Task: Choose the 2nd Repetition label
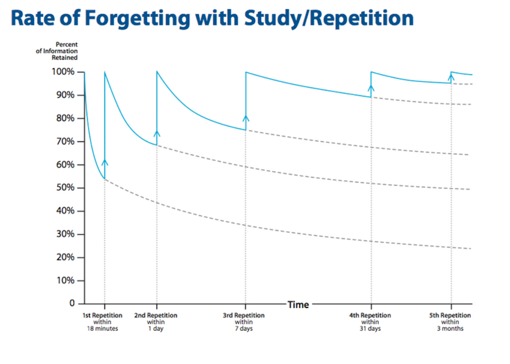(x=156, y=316)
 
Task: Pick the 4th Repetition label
(x=370, y=316)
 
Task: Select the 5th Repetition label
(x=450, y=316)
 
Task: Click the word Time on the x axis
(x=298, y=304)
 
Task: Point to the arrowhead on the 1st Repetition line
(x=105, y=162)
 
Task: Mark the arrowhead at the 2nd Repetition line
(x=157, y=133)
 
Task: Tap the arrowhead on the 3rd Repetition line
(x=246, y=119)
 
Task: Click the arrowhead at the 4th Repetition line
(x=371, y=87)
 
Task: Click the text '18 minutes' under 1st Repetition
(x=103, y=329)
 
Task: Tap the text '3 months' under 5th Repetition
(x=450, y=329)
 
